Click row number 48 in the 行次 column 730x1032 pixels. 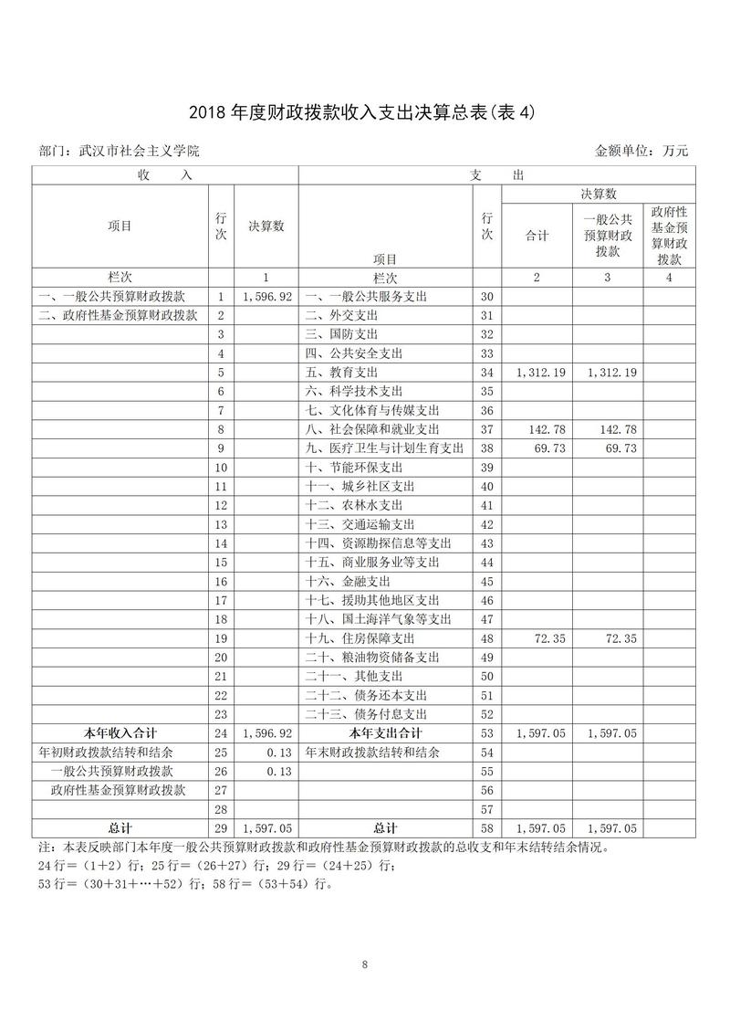click(x=486, y=638)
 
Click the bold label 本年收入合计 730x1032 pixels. click(x=120, y=733)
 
